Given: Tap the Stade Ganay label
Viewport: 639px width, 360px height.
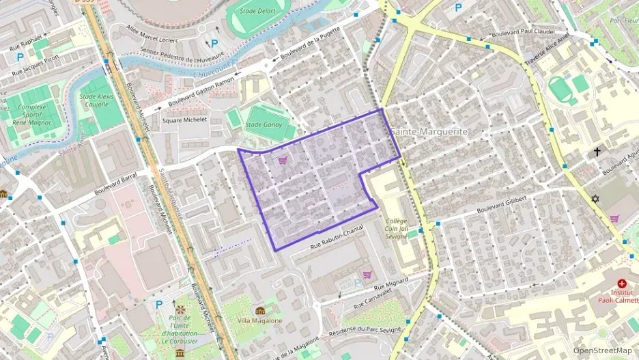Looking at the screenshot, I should coord(264,125).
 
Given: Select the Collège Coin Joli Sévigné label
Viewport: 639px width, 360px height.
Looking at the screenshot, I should coord(397,227).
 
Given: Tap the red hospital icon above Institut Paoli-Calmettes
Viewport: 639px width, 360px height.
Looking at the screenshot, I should coord(621,283).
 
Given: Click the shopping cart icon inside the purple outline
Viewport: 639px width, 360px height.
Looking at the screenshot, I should coord(283,161).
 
